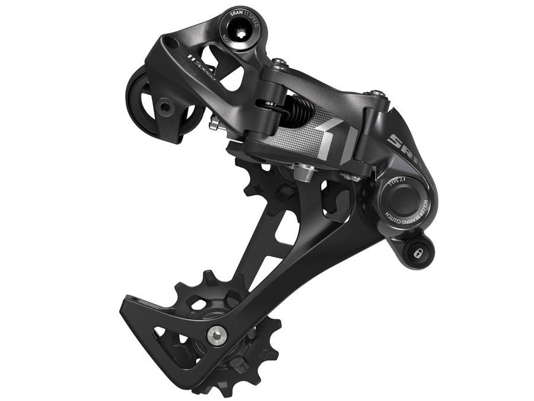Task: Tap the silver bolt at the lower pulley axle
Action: click(x=216, y=336)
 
